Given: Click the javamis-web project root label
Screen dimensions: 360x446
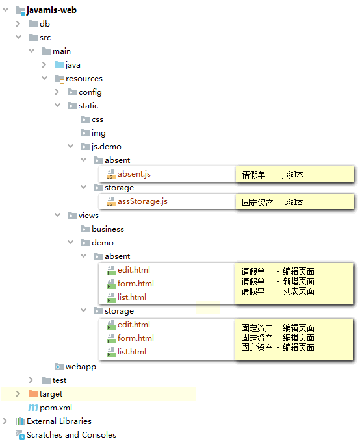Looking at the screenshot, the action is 51,10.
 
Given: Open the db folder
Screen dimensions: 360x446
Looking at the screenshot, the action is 45,24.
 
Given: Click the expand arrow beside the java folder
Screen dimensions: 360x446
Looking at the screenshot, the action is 44,65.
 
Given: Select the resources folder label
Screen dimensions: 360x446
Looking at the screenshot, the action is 84,79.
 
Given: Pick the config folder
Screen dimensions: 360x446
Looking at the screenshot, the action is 90,92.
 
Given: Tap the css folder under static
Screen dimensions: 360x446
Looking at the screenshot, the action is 97,119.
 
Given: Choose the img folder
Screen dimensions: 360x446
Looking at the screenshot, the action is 99,133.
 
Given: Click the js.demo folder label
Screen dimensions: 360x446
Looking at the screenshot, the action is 106,147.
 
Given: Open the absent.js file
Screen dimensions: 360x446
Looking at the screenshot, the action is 134,174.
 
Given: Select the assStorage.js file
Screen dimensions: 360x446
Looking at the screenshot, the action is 142,201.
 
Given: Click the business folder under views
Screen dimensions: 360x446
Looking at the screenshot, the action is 108,229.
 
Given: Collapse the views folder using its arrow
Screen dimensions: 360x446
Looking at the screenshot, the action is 58,215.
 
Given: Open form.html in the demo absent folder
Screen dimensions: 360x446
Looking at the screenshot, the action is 136,283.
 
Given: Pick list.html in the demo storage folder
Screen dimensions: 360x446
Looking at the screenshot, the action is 132,352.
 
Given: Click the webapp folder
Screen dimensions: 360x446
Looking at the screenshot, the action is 81,367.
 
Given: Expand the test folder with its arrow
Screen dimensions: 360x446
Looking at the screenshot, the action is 31,380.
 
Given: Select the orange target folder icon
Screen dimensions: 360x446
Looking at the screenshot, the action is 33,393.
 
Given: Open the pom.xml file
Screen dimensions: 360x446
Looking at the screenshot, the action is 56,408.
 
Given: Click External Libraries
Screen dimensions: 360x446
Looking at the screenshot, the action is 59,421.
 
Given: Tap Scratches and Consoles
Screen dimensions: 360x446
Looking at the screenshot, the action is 71,434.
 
